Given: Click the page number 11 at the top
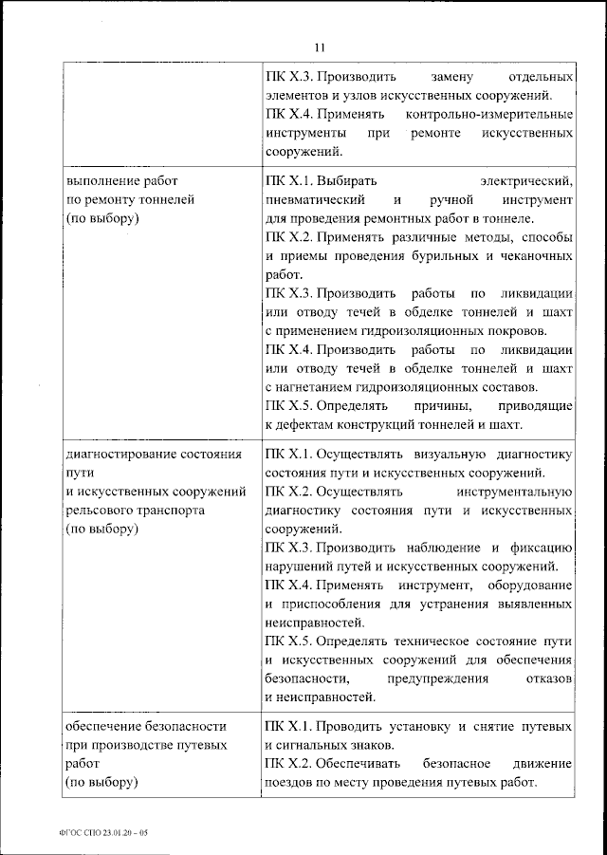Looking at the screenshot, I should [319, 47].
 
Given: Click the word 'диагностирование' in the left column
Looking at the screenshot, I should [120, 454].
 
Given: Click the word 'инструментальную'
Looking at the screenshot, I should [513, 492].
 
